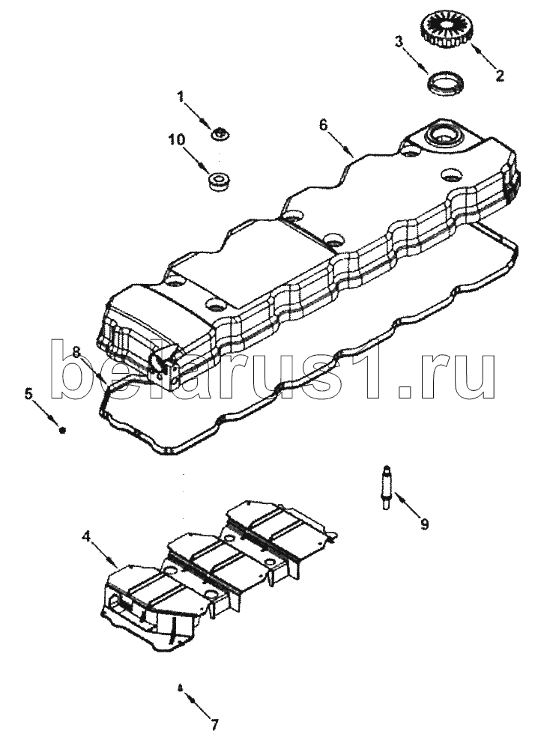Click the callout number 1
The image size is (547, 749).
181,97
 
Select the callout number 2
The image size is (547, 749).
499,76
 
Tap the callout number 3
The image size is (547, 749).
399,41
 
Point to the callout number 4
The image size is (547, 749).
86,536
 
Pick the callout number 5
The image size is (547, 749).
28,394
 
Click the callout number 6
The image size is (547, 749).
324,124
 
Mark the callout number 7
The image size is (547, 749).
214,726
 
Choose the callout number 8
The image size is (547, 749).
76,353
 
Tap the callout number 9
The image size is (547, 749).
425,524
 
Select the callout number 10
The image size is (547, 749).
176,139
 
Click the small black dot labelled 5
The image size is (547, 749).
61,431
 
